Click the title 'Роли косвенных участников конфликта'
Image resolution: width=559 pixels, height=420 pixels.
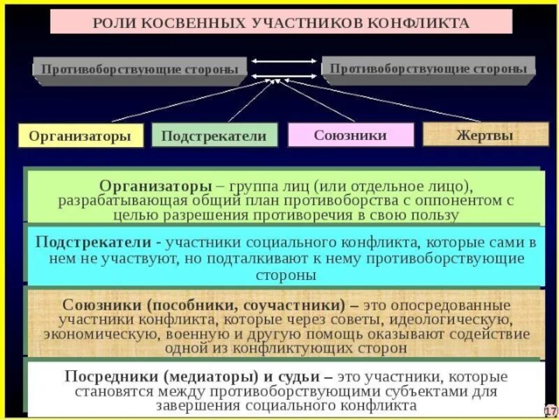(x=281, y=22)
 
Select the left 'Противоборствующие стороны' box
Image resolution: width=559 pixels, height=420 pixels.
(x=140, y=69)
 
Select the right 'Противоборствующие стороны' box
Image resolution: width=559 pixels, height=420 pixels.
(x=428, y=68)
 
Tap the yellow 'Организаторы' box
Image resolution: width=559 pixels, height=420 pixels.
(x=80, y=136)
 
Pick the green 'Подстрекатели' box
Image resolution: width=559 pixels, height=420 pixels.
(x=214, y=135)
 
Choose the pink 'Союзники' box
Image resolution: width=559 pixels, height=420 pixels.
(x=350, y=134)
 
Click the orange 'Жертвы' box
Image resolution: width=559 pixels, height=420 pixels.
(x=485, y=134)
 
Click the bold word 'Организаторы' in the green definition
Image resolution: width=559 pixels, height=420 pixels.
(x=155, y=185)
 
